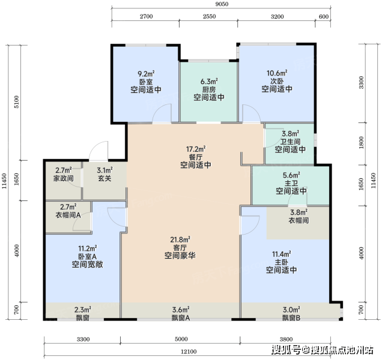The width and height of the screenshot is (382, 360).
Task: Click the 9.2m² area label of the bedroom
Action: click(146, 73)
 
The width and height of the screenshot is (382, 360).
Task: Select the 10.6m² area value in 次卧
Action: click(277, 73)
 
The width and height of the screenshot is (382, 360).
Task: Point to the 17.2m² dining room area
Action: click(196, 149)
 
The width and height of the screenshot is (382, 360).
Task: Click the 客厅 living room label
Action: click(180, 248)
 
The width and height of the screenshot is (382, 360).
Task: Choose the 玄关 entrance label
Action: click(105, 178)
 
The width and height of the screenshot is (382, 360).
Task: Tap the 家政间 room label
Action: click(63, 178)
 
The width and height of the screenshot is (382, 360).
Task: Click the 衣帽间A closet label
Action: click(68, 215)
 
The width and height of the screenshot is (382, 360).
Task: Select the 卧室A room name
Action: click(88, 256)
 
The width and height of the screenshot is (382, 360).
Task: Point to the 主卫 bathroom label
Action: click(291, 183)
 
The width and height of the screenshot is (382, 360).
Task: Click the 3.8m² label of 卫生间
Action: click(290, 134)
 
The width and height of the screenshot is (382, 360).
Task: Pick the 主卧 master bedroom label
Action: click(281, 262)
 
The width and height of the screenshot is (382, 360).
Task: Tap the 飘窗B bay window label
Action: click(291, 317)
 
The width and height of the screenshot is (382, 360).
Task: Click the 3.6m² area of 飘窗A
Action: click(181, 310)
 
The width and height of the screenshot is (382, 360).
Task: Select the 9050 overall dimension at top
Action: click(222, 4)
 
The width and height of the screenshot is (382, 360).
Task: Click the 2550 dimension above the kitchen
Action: click(209, 16)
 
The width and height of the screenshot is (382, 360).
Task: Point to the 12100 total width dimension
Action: click(189, 352)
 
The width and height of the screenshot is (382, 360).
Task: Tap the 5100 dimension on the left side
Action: click(16, 102)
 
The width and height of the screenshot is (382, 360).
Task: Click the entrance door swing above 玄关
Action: click(99, 151)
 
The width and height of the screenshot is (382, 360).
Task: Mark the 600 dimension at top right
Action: click(324, 16)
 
